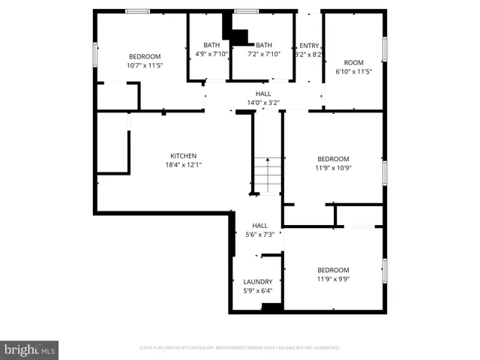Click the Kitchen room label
[182, 156]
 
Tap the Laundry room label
[258, 282]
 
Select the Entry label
[309, 45]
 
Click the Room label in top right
[354, 62]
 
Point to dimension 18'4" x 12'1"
[183, 165]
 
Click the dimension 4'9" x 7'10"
[211, 54]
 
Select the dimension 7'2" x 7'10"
[265, 54]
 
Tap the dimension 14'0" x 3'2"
[263, 102]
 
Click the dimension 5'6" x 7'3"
[260, 235]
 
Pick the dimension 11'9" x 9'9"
[332, 279]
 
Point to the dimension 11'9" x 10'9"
[333, 168]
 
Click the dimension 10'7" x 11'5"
[145, 66]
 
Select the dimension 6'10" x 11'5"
[354, 71]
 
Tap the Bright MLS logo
[29, 349]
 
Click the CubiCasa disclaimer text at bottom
[240, 348]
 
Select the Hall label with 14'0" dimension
[263, 94]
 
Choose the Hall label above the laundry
[260, 226]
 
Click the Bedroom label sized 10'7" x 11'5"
[145, 57]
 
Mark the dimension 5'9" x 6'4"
[258, 291]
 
